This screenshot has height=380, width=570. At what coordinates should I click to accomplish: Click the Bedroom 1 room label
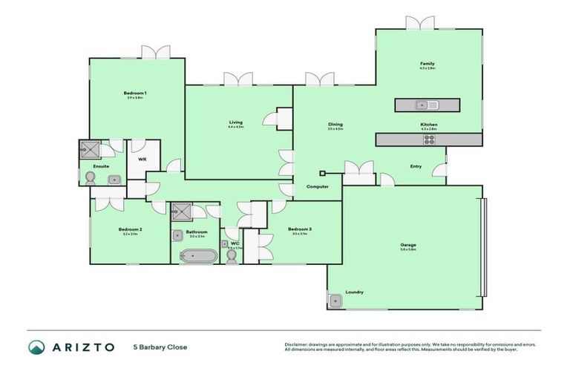(136, 93)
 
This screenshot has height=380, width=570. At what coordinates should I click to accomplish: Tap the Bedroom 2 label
(130, 229)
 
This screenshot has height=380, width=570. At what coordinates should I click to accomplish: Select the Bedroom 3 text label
(299, 229)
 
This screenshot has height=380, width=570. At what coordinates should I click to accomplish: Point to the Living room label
(235, 122)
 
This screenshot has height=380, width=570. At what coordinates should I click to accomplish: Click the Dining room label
(335, 125)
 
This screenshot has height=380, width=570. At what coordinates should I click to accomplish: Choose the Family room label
(427, 65)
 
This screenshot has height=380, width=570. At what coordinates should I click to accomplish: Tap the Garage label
(407, 245)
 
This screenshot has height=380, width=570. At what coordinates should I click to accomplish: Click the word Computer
(318, 186)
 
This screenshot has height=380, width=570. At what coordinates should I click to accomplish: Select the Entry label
(416, 166)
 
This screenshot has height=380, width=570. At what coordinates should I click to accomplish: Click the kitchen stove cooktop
(429, 139)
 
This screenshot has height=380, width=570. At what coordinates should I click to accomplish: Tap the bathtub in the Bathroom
(200, 256)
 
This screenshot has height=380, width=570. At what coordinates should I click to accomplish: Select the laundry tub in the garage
(335, 301)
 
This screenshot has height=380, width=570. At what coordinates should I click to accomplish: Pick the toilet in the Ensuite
(91, 178)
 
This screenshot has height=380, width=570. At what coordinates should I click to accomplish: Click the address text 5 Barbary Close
(160, 347)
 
